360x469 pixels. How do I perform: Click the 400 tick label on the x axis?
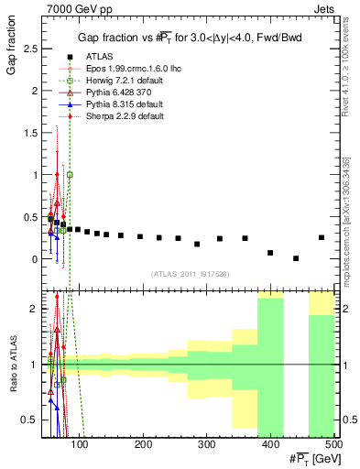pyautogui.click(x=269, y=444)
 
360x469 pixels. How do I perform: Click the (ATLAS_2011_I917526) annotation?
pyautogui.click(x=188, y=274)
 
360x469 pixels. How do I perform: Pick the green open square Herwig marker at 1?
pyautogui.click(x=71, y=174)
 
